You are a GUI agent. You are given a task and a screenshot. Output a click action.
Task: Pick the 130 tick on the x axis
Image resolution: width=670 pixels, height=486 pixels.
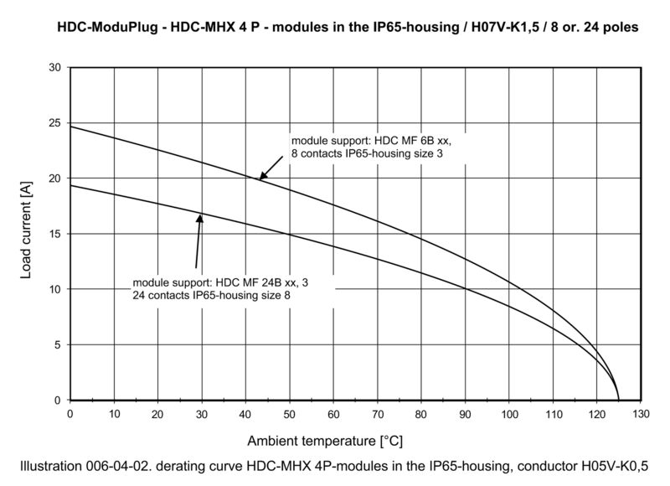coord(640,413)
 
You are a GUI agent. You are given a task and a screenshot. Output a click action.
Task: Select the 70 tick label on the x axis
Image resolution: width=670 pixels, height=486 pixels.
coord(377,413)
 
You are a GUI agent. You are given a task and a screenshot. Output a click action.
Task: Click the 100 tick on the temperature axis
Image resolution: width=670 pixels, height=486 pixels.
coord(508,413)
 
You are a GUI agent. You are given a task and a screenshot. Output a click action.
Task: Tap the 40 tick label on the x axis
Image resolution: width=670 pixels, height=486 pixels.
coord(245,413)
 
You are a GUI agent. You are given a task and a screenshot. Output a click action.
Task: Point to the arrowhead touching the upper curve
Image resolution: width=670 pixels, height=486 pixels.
coord(260,176)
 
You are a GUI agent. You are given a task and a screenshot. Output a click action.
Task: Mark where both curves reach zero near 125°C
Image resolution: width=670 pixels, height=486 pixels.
coord(618,400)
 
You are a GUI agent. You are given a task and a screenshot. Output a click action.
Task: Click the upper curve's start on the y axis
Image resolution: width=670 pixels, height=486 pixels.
coord(70,127)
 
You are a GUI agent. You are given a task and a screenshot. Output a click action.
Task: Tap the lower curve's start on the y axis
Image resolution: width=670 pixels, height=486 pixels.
coord(70,185)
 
